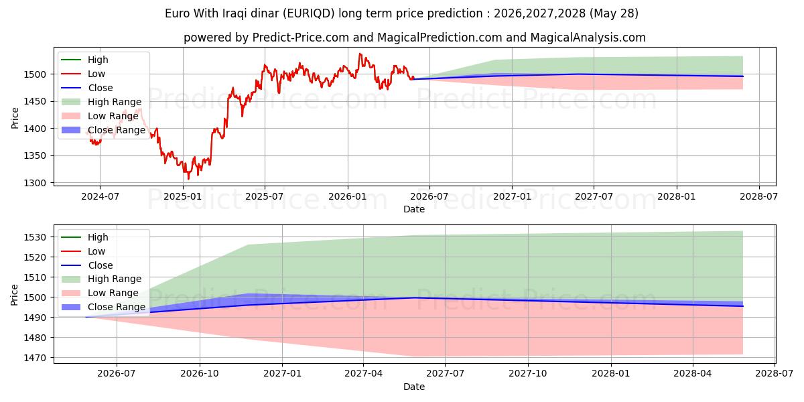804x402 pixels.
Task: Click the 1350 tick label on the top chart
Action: click(x=35, y=155)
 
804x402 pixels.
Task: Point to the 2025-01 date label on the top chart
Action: click(x=183, y=197)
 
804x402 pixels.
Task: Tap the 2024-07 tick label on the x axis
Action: click(x=100, y=197)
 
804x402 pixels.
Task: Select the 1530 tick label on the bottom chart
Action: click(x=35, y=237)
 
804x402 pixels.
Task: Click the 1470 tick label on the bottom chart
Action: click(x=35, y=358)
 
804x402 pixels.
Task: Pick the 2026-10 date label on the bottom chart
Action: click(x=200, y=374)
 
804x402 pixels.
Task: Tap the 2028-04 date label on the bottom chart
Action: click(x=692, y=374)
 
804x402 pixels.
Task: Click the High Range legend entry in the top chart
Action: click(x=102, y=102)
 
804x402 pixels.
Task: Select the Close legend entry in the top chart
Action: click(x=87, y=88)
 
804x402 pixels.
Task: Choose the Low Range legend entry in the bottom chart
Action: click(x=100, y=293)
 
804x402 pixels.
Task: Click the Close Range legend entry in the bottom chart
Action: click(x=103, y=307)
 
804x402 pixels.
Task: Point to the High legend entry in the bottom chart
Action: click(x=84, y=237)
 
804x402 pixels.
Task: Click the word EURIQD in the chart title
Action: click(x=308, y=13)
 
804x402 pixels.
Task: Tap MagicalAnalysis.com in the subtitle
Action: click(x=588, y=38)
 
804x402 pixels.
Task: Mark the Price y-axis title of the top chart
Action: click(x=15, y=118)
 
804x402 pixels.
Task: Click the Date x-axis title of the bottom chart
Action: click(x=414, y=387)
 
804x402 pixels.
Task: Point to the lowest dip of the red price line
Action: click(x=188, y=179)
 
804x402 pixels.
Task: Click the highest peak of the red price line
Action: click(x=360, y=54)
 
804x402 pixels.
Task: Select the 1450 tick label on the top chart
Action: click(x=35, y=102)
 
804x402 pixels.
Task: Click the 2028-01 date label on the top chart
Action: click(x=677, y=197)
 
